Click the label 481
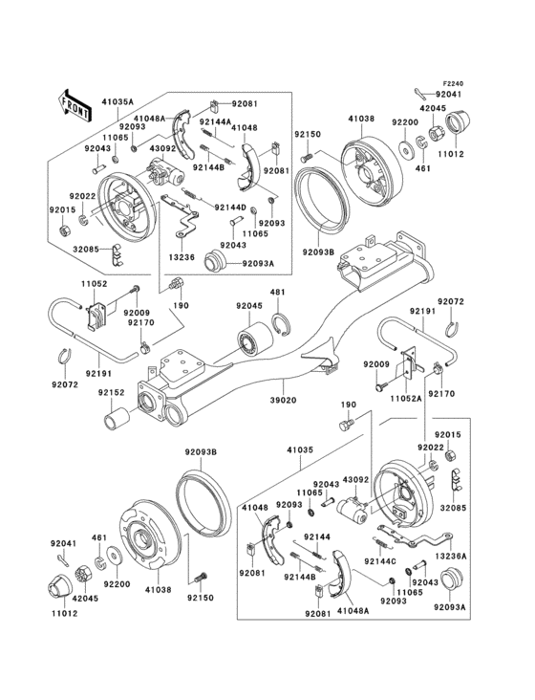pyautogui.click(x=278, y=293)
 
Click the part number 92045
pyautogui.click(x=249, y=305)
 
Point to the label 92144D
pyautogui.click(x=230, y=207)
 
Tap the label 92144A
pyautogui.click(x=216, y=122)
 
